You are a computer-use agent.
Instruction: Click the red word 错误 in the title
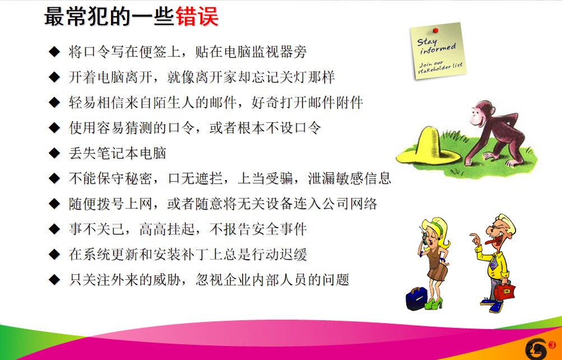[197, 17]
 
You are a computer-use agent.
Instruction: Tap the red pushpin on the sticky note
[435, 31]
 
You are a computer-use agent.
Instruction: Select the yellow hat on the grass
[428, 147]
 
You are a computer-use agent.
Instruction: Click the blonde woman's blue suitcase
[416, 298]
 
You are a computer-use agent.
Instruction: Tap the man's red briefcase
[504, 291]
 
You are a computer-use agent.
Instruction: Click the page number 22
[533, 349]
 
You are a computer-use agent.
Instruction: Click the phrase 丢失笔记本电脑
[118, 153]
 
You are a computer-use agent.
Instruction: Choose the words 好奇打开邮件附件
[307, 102]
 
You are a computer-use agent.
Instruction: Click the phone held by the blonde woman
[425, 238]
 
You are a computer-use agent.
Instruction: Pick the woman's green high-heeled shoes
[434, 303]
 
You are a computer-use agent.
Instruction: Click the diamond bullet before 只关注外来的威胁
[54, 280]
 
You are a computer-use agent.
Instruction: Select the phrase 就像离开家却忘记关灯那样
[251, 77]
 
